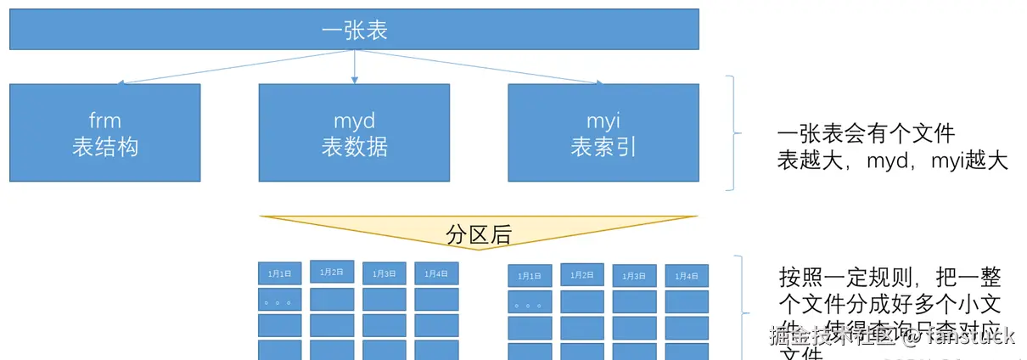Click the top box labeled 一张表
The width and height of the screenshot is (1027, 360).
[354, 30]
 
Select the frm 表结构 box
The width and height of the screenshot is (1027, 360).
[105, 132]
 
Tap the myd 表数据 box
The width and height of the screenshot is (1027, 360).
[354, 132]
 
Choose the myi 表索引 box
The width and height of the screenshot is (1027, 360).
[603, 132]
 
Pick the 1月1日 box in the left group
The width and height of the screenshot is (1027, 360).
[280, 273]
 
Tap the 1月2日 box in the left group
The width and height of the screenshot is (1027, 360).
[332, 273]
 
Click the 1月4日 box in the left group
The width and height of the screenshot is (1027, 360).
[436, 273]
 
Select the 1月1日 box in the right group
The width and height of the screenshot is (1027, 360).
[530, 276]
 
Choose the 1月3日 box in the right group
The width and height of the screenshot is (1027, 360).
[634, 276]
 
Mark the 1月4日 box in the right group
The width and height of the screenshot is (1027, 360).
[687, 275]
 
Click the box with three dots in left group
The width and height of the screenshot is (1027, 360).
[280, 300]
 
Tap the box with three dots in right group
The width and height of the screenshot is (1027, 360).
[530, 301]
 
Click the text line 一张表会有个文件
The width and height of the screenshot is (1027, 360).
[866, 134]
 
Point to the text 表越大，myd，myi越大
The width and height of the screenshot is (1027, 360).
[892, 160]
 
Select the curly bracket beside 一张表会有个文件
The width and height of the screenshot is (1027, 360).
[733, 132]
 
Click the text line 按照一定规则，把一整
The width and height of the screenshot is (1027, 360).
[890, 278]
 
